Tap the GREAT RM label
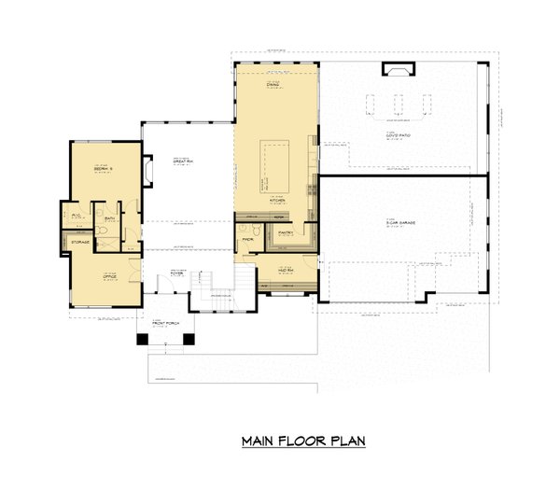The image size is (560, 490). coord(183,161)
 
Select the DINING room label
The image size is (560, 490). coord(273,85)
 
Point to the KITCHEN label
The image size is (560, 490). coord(276,200)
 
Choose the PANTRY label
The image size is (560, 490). coord(287,232)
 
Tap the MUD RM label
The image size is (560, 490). coord(286,270)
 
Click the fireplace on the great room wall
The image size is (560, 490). coord(147,170)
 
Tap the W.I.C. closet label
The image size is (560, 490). coord(76,214)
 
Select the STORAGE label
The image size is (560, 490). coord(80,242)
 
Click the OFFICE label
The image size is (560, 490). coord(109,275)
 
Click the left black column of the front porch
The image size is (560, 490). coord(141,339)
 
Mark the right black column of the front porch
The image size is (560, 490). coord(191,339)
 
